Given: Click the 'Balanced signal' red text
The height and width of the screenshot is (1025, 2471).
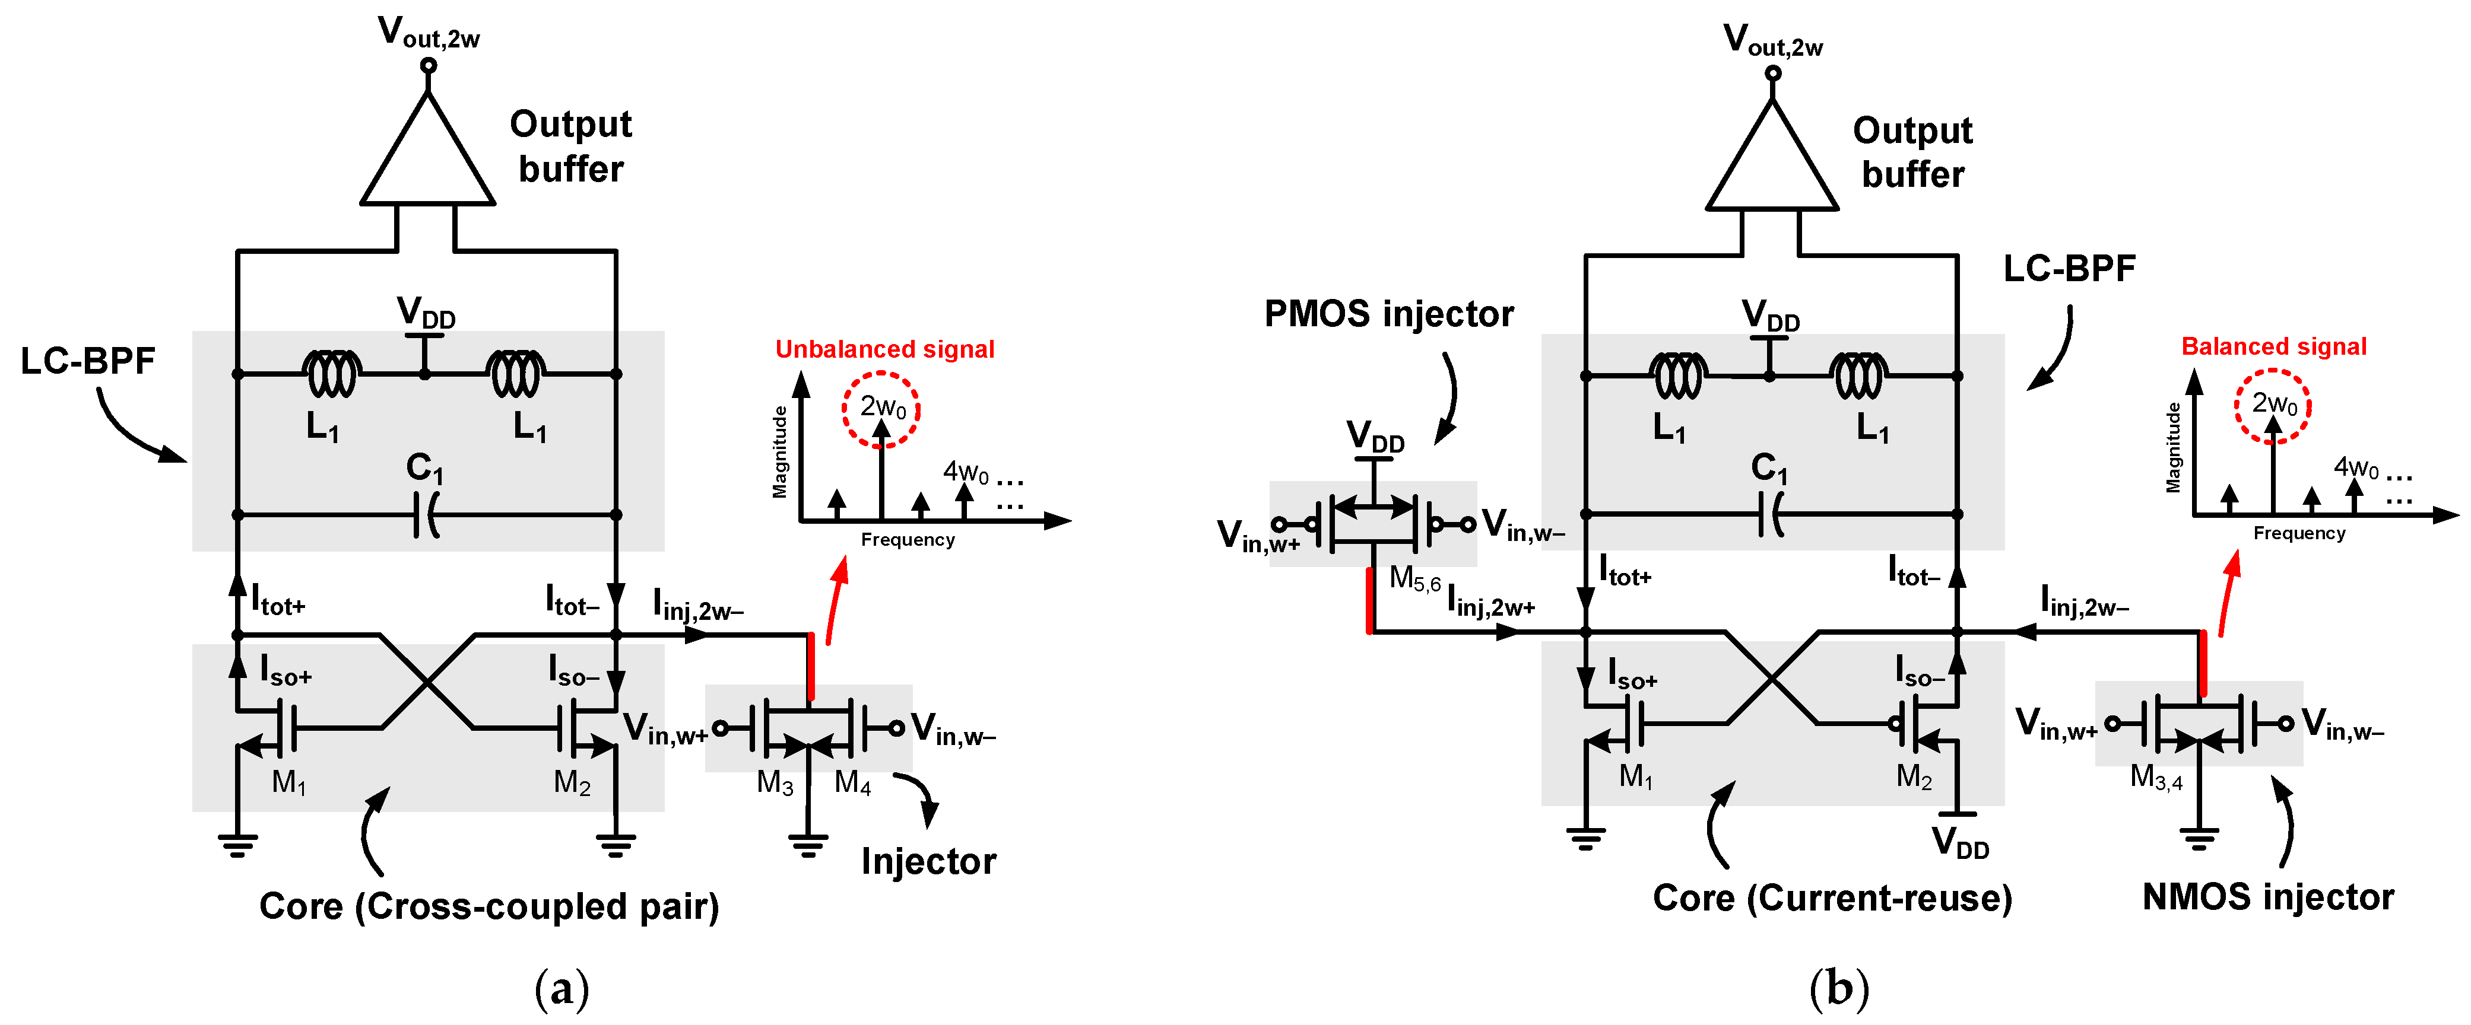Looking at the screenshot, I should coord(2273,346).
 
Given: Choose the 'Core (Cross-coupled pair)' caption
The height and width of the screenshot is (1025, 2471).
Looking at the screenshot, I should coord(489,906).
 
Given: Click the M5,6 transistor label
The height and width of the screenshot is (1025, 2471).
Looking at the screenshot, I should coord(1414,579).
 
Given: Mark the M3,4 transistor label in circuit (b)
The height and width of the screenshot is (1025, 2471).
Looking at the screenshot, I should coord(2155,776).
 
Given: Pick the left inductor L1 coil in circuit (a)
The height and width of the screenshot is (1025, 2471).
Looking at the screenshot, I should coord(332,374).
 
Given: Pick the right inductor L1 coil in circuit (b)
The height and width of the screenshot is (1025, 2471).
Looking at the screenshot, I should coord(1860,375).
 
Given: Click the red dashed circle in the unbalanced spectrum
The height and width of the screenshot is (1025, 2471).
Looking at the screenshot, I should coord(881,409).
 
